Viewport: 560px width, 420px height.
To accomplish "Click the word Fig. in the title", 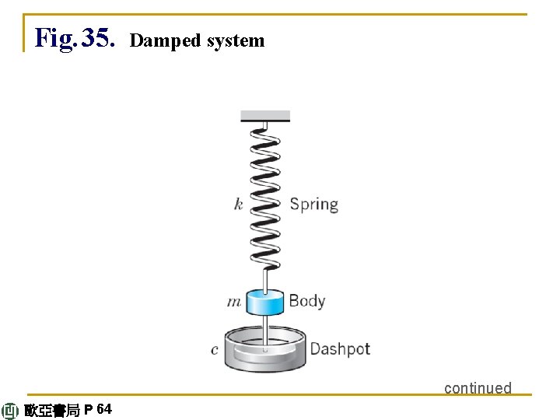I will coord(55,37).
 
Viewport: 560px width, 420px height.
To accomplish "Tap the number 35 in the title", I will coord(98,37).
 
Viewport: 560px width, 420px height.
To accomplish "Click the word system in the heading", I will coord(235,40).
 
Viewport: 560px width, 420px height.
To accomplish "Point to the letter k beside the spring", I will coord(238,205).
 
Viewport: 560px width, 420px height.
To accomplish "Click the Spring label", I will coord(313,205).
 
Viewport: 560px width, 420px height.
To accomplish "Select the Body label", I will coord(306,300).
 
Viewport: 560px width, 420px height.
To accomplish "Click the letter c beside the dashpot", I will coord(215,350).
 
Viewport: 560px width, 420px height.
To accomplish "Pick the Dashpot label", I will coord(340,348).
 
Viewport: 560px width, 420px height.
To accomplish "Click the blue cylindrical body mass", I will coord(265,303).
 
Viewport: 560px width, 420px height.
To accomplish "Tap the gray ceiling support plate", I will coord(265,116).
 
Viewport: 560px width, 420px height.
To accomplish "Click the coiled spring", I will coord(265,194).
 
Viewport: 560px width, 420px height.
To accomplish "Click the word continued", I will coord(478,387).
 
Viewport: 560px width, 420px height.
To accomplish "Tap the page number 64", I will coord(105,409).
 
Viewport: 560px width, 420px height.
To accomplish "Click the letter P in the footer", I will coord(89,410).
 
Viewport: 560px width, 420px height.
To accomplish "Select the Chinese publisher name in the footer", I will coord(51,411).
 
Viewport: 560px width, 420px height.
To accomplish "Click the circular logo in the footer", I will coord(10,411).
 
